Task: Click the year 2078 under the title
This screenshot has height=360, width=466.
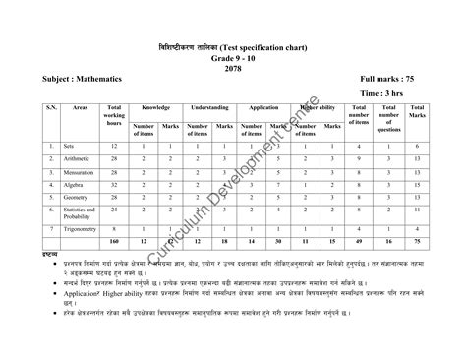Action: click(233, 67)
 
